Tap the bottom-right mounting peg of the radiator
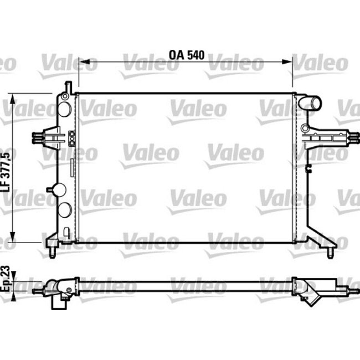point(330,253)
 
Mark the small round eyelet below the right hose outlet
point(305,128)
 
